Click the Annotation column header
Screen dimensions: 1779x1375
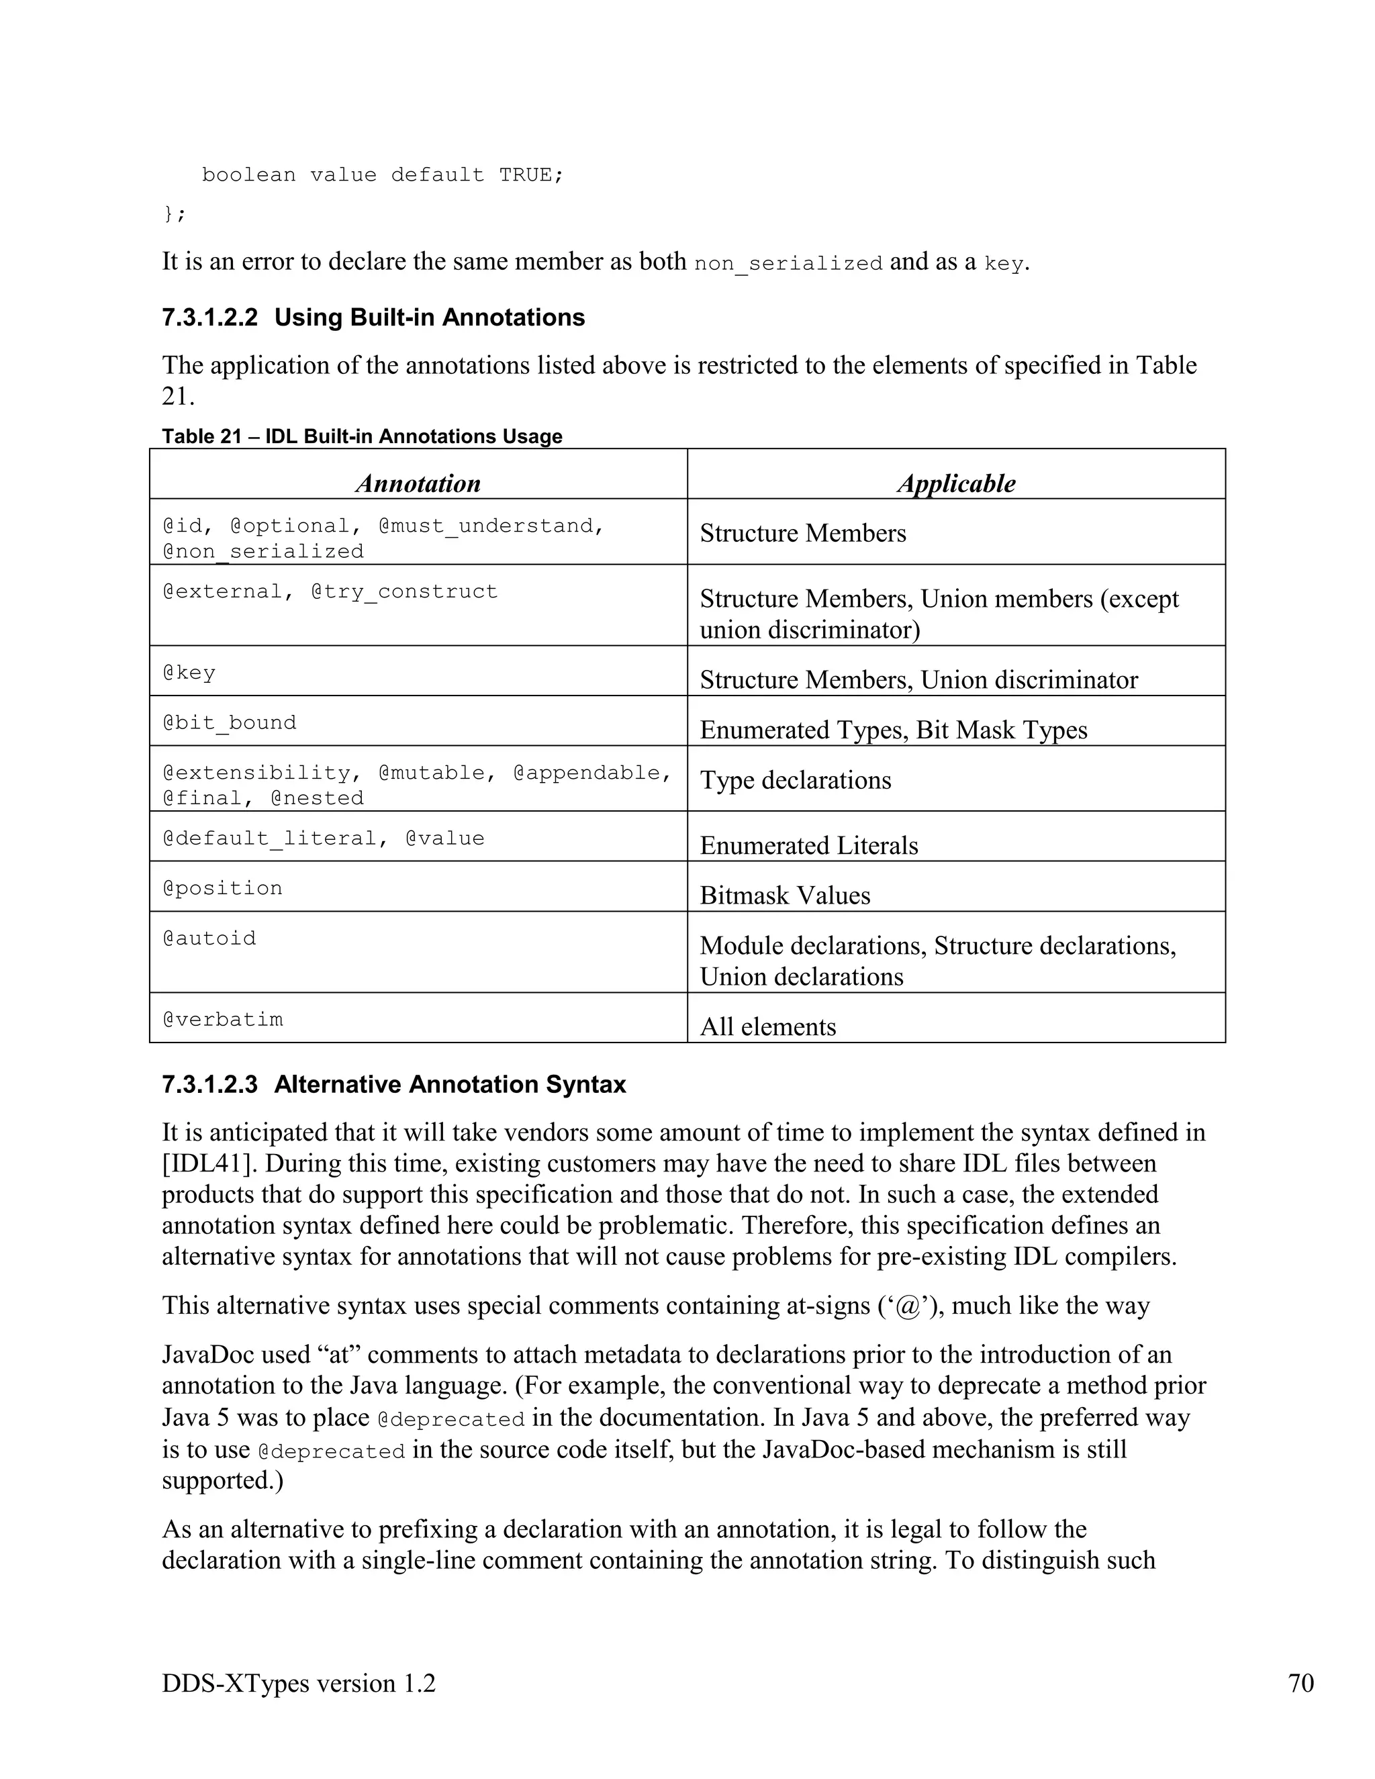pos(418,483)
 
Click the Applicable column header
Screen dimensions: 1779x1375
pos(956,483)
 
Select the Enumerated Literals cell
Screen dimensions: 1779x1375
pos(808,845)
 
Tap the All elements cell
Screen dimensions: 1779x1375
pos(767,1026)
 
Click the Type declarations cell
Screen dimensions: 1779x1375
pos(795,779)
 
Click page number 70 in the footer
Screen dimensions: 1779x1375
pos(1301,1683)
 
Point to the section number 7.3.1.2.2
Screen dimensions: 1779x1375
pos(209,318)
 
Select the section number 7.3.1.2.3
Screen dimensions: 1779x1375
pos(209,1085)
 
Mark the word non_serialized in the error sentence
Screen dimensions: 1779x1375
pos(788,264)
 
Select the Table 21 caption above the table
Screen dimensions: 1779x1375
pos(362,436)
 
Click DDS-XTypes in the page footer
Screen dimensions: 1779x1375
pos(234,1683)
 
